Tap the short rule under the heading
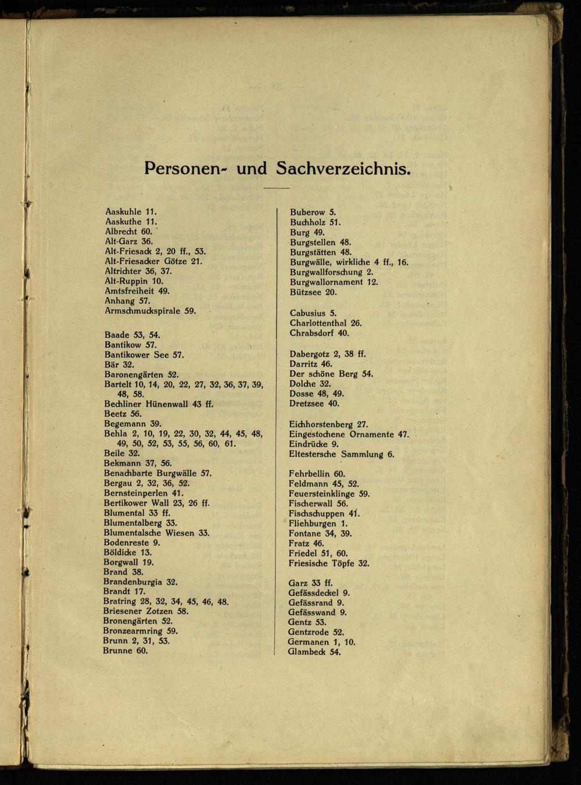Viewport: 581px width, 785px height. (x=277, y=188)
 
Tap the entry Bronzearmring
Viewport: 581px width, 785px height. (x=132, y=631)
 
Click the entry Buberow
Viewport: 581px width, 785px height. (x=307, y=213)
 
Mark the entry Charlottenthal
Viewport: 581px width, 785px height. (x=318, y=323)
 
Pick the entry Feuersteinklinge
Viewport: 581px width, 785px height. (x=321, y=494)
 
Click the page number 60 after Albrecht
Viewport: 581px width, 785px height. (x=146, y=232)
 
